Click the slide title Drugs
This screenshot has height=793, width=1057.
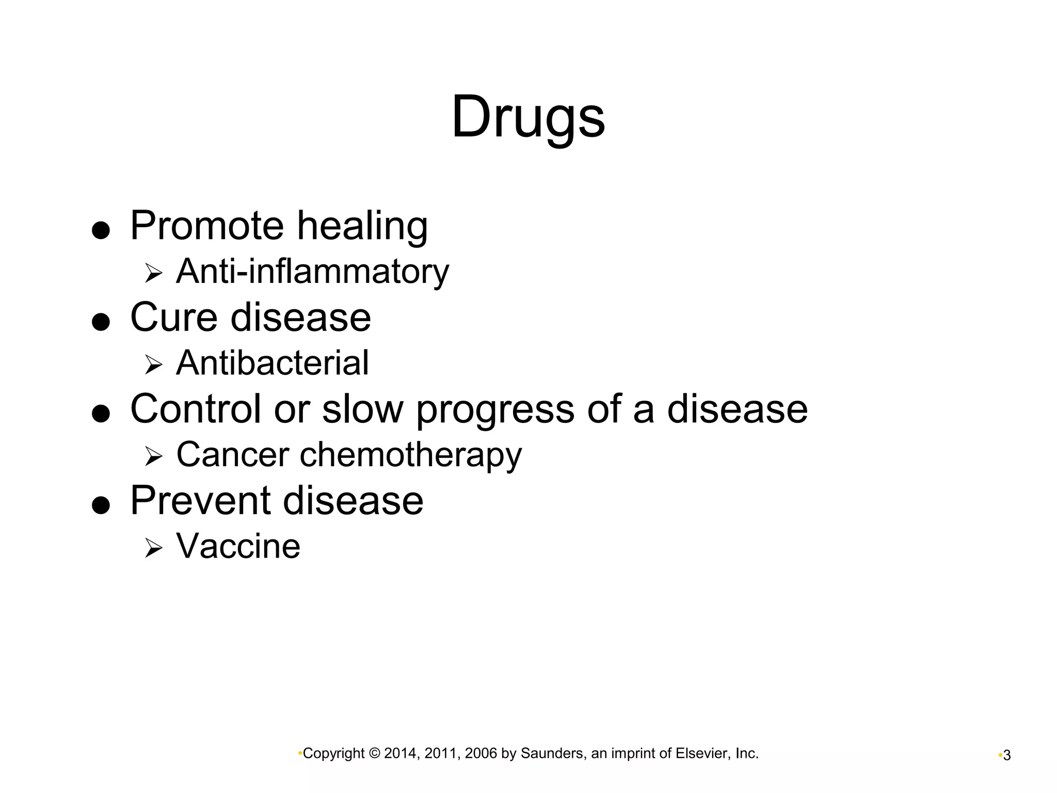click(528, 117)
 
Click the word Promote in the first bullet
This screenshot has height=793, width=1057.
click(207, 226)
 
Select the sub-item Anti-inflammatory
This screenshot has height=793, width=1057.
click(312, 272)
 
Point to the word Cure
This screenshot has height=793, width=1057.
click(173, 317)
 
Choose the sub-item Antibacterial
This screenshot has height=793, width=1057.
click(273, 362)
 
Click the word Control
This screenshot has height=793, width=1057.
click(196, 408)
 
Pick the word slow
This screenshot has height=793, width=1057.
click(362, 408)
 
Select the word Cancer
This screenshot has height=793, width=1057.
click(233, 454)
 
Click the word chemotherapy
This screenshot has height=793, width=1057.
click(411, 455)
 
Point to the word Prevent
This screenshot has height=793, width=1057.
click(200, 500)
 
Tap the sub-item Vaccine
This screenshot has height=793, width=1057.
click(238, 546)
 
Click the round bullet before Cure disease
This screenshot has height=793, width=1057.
click(101, 322)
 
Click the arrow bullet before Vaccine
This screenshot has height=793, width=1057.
click(153, 548)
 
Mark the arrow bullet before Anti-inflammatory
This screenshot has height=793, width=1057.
click(153, 273)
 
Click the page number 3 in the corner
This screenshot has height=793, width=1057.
click(1006, 756)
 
